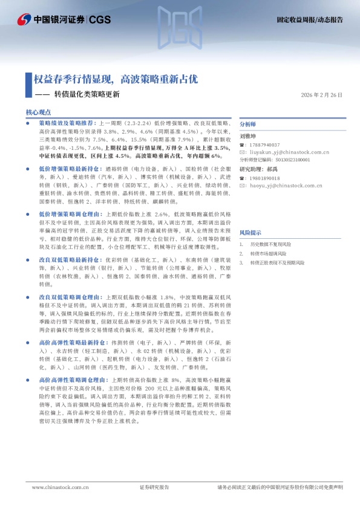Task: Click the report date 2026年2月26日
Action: click(321, 96)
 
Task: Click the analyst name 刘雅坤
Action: click(248, 137)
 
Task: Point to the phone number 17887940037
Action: click(264, 145)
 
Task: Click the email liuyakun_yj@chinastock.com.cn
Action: click(280, 152)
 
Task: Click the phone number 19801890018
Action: click(264, 178)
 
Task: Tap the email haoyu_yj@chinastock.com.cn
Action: click(277, 186)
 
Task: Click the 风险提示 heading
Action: click(250, 232)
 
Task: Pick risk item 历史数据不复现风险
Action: click(270, 244)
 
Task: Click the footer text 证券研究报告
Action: click(154, 487)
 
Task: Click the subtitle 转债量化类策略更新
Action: click(87, 94)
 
